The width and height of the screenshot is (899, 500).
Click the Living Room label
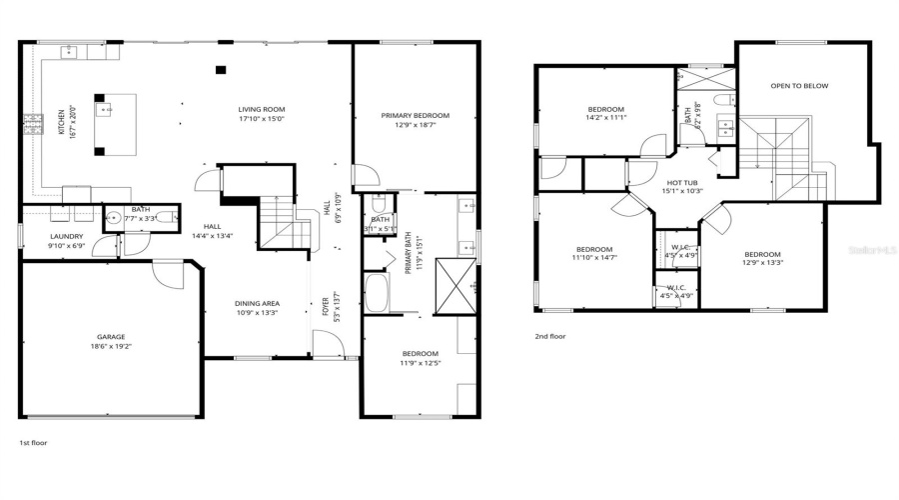click(x=261, y=109)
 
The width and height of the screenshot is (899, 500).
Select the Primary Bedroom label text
click(x=415, y=116)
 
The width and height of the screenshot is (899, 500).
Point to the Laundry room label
click(x=66, y=237)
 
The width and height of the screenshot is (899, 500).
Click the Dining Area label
click(x=257, y=304)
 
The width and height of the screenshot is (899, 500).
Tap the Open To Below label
click(x=799, y=86)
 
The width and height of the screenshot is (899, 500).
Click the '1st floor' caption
click(x=33, y=442)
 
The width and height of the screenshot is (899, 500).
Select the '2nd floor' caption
click(x=549, y=337)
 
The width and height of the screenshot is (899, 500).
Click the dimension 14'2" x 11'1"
click(x=605, y=118)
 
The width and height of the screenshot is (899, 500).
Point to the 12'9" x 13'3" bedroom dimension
click(x=762, y=263)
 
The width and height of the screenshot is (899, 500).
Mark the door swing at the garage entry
click(x=168, y=273)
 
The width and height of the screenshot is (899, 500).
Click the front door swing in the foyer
click(x=326, y=344)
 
